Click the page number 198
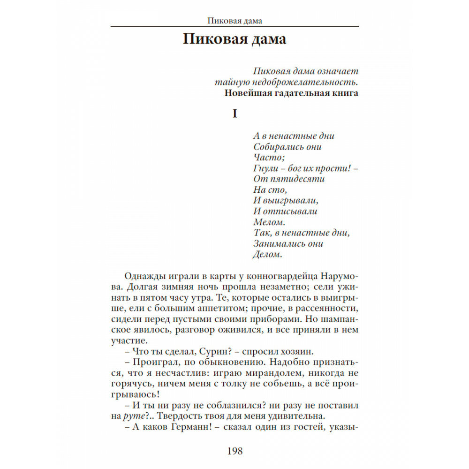235,451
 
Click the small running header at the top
234,21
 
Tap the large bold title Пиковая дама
234,39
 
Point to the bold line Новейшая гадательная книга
291,93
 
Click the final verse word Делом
268,255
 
